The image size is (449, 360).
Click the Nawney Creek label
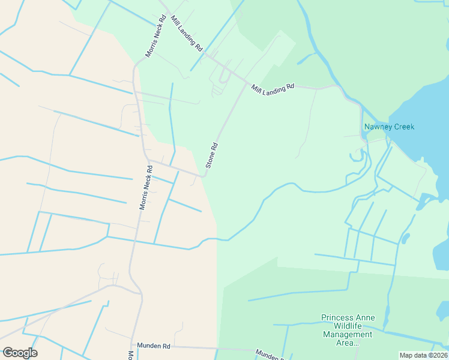389,127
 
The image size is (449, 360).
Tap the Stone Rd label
211,155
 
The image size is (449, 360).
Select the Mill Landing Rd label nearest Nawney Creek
273,87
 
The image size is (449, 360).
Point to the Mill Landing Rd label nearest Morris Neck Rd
187,33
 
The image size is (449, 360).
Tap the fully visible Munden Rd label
154,346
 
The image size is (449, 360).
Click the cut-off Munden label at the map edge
268,354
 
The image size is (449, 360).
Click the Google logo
20,353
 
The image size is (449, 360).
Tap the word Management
348,335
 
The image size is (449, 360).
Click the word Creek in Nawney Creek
402,127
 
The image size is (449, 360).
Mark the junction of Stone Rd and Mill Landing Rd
246,84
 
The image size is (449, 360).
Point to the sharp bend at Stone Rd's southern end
205,175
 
